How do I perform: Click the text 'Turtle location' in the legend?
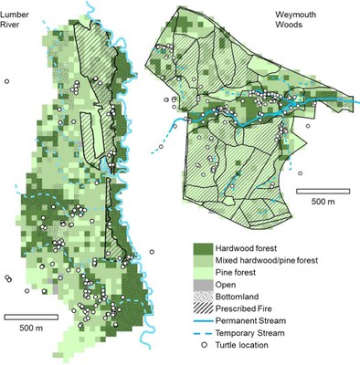click(255, 346)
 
